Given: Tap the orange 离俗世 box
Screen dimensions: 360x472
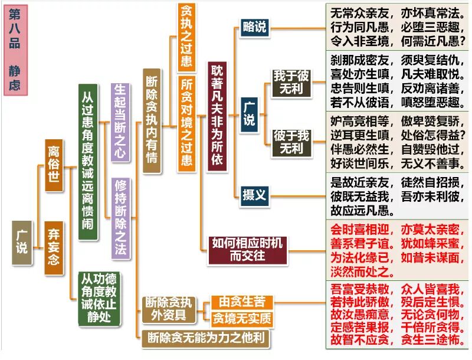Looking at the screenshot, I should pos(54,165).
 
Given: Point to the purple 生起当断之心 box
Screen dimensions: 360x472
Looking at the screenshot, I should pos(120,122).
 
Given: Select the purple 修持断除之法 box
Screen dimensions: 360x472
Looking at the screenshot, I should pos(120,217).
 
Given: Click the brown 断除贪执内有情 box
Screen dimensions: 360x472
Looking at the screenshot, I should pos(152,120).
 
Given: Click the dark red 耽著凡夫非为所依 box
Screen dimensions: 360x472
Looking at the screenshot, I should pos(217,116).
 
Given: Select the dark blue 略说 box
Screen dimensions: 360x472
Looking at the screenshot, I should pos(254,27).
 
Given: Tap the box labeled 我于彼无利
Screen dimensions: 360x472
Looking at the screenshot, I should pos(291,82).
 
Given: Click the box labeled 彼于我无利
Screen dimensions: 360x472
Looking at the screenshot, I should pos(291,142).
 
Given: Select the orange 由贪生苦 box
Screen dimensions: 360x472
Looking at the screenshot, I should pos(242,302).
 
